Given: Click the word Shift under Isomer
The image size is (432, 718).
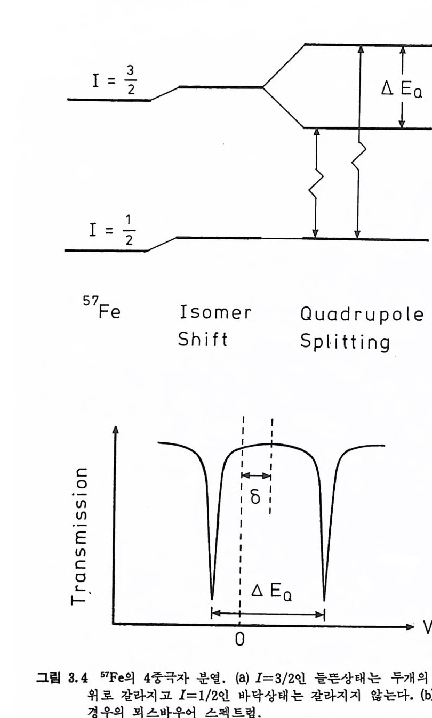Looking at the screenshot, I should (x=202, y=339).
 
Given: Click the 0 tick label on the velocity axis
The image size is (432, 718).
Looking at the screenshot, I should (x=241, y=639).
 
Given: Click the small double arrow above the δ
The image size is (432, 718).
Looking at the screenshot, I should (x=256, y=475).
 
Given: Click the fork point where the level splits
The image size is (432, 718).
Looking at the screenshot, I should (x=264, y=86).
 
